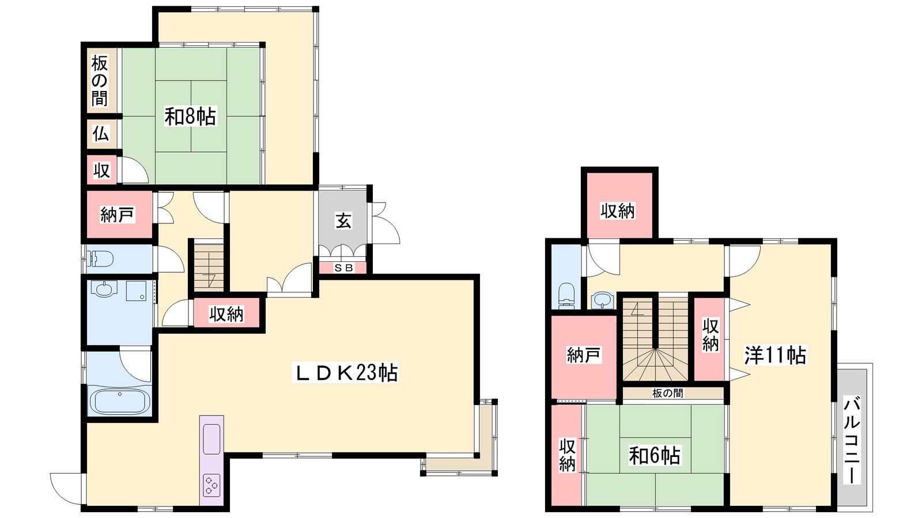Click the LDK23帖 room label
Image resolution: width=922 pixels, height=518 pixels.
tap(345, 372)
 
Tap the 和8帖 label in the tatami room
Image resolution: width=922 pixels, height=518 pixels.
tap(190, 116)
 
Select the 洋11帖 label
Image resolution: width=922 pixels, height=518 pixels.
tap(775, 355)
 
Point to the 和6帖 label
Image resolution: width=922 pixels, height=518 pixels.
tap(655, 455)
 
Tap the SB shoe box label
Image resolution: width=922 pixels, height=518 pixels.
tap(343, 268)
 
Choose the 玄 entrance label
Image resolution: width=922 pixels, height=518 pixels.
tap(343, 221)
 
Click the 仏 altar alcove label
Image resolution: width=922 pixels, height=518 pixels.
tap(101, 134)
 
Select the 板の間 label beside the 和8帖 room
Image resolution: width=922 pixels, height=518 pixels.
tap(100, 81)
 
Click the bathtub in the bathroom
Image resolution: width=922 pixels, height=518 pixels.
tap(120, 401)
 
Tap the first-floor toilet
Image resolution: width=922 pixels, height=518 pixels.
tap(100, 259)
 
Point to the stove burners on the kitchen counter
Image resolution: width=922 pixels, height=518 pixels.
tap(211, 486)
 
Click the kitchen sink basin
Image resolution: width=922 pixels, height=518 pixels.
tap(211, 439)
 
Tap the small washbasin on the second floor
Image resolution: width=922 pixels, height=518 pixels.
tap(602, 300)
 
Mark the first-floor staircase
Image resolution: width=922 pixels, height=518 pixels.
tap(209, 265)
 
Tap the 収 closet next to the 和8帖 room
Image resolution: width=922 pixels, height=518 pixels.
tap(101, 170)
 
